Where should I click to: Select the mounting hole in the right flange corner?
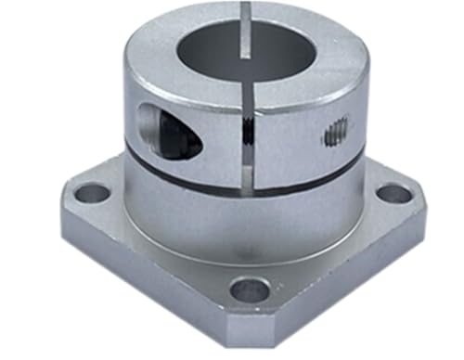coord(393,194)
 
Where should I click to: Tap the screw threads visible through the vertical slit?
coord(248,135)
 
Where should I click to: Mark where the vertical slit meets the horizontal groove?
coord(248,186)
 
